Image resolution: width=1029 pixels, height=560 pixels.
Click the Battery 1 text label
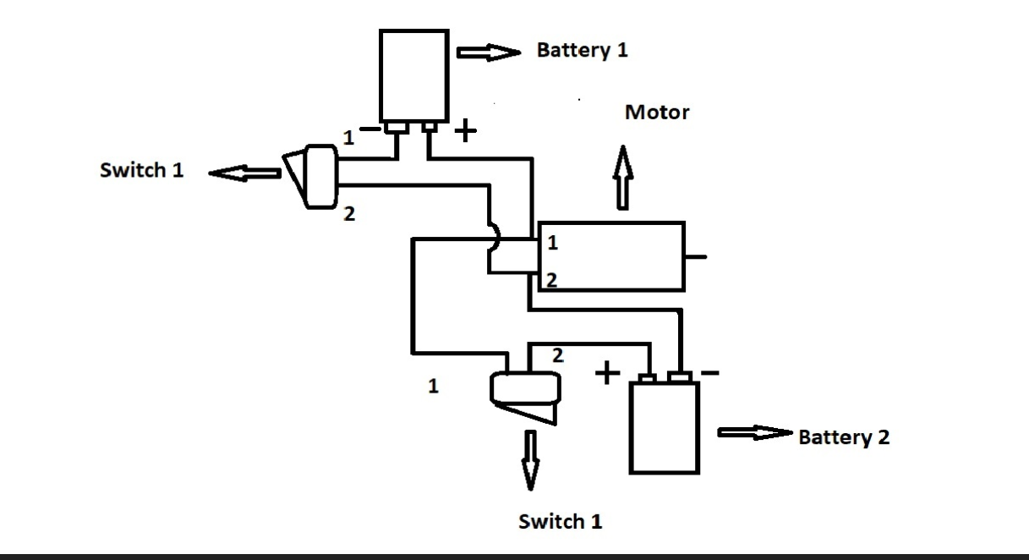tap(582, 51)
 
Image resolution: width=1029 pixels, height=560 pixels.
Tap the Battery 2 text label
tap(843, 437)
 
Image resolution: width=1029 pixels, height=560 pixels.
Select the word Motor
tap(657, 112)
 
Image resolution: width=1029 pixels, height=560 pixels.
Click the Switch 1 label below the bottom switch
tap(560, 521)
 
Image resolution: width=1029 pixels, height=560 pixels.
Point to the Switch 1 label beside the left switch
tap(141, 170)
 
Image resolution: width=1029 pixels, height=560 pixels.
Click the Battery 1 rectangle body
tap(413, 74)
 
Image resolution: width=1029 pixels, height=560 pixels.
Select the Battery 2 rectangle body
tap(665, 427)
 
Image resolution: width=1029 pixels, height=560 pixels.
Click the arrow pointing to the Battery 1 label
tap(489, 53)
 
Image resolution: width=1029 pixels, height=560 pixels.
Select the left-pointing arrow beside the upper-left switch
tap(244, 173)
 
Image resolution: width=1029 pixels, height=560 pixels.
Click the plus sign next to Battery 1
tap(466, 131)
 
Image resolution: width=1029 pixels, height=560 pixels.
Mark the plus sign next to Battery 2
tap(606, 373)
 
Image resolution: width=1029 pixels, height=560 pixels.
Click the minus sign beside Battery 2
tap(711, 372)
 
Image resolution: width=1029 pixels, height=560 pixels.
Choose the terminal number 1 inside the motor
tap(552, 244)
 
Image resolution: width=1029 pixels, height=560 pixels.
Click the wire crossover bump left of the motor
tap(495, 239)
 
